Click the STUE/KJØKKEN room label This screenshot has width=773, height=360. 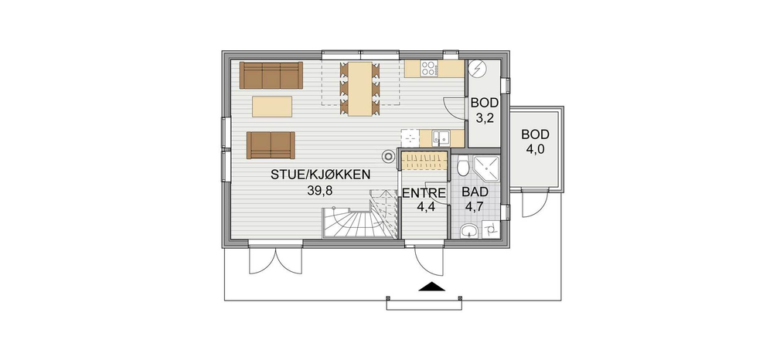click(320, 175)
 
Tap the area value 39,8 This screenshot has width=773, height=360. click(320, 191)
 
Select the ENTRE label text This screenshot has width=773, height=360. click(424, 193)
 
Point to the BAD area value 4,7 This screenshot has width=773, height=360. click(475, 207)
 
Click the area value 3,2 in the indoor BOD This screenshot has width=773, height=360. click(485, 118)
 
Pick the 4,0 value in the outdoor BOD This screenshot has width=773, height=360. click(536, 150)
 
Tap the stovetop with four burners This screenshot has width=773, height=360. click(429, 69)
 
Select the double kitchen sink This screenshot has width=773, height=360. click(441, 138)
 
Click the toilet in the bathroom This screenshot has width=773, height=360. click(462, 166)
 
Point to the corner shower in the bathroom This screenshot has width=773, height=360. click(486, 168)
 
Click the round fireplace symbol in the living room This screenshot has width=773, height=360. click(389, 157)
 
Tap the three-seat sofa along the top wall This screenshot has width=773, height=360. click(271, 76)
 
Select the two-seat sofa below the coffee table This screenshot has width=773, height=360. click(271, 145)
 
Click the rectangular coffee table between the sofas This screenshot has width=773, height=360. click(272, 107)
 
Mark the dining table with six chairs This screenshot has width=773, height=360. click(359, 89)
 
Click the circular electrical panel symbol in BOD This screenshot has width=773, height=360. click(477, 68)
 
